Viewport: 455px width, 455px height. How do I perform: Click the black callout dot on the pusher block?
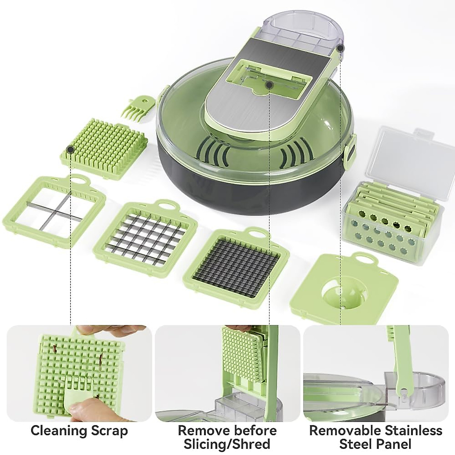(70, 149)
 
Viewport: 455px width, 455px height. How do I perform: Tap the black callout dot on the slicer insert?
(269, 85)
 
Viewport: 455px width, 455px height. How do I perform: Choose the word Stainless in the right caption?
(414, 431)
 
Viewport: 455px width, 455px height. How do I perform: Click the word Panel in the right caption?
(394, 444)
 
